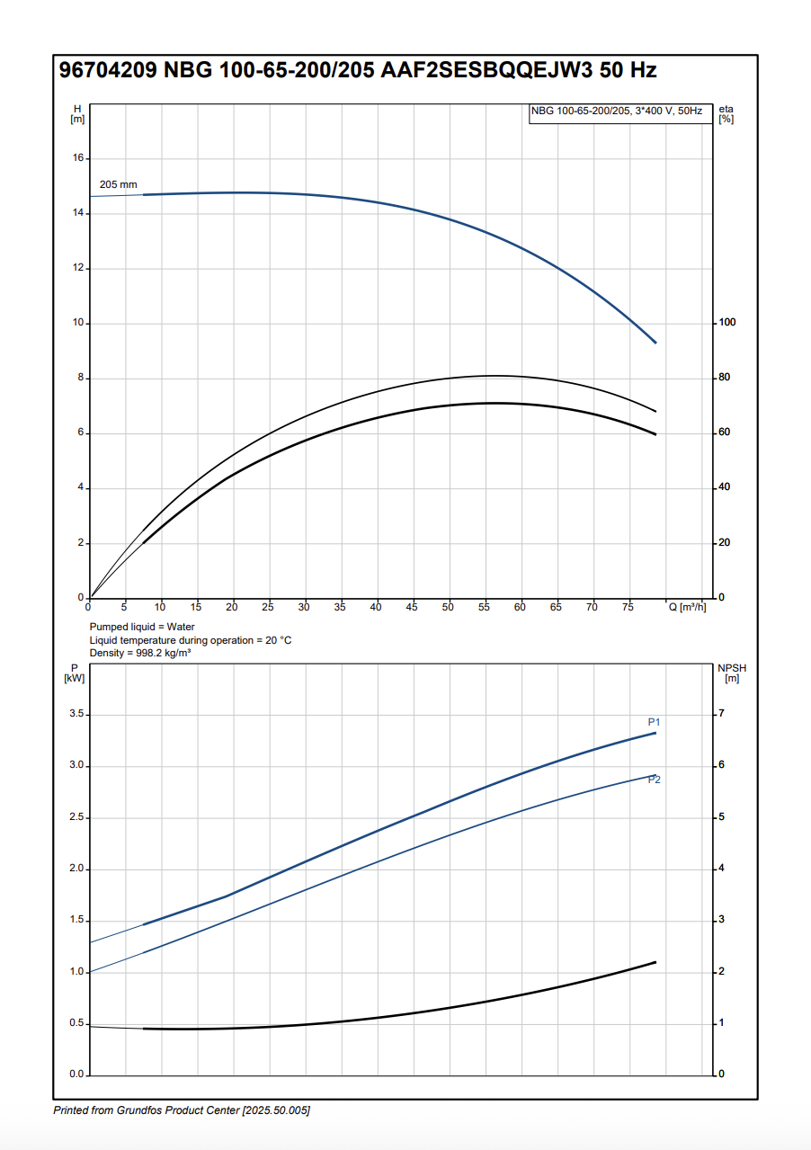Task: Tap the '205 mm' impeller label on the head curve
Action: tap(118, 184)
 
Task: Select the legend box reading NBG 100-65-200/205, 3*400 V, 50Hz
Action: tap(616, 111)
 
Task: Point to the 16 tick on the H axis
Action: tap(78, 158)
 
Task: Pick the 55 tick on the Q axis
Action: tap(484, 608)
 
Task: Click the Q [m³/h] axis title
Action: tap(687, 608)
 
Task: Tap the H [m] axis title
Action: tap(77, 114)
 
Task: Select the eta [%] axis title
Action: tap(726, 114)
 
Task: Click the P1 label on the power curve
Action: tap(655, 722)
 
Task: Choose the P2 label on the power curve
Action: tap(655, 780)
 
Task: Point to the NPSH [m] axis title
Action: tap(732, 673)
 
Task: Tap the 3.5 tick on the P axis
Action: tap(76, 714)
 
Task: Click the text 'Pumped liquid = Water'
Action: tap(142, 627)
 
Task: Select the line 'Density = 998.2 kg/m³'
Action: tap(139, 653)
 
